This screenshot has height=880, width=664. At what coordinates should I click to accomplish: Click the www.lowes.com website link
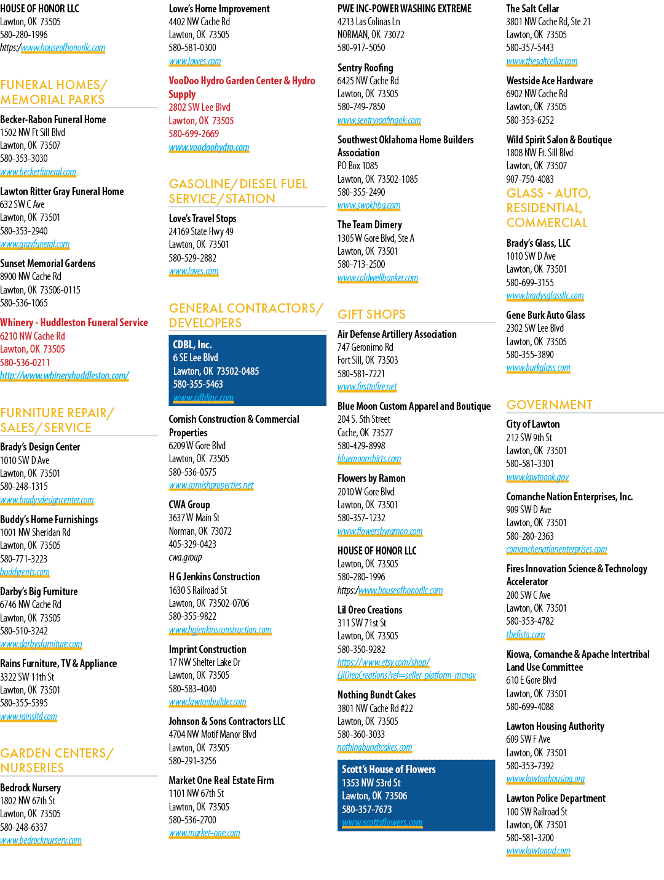(x=195, y=61)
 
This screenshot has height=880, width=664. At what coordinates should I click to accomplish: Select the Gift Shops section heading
(x=371, y=314)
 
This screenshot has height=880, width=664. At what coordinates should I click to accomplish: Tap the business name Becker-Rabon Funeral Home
(x=53, y=119)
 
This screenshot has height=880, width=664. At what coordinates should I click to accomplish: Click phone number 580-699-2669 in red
(x=194, y=134)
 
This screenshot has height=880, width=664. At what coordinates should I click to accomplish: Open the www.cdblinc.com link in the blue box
(x=203, y=398)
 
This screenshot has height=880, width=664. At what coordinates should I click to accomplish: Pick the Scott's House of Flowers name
(x=389, y=769)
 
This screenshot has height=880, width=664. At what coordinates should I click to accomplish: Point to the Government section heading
(x=549, y=405)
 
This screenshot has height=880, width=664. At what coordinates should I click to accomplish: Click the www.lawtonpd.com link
(x=538, y=850)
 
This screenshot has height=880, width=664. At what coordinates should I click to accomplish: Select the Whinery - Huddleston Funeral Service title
(x=74, y=322)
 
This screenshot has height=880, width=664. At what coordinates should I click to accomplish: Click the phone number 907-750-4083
(x=530, y=179)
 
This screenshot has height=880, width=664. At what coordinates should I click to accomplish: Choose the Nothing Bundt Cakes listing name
(x=376, y=695)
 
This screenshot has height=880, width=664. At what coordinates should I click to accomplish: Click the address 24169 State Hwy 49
(x=200, y=232)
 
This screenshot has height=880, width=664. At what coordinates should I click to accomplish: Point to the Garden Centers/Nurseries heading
(x=57, y=761)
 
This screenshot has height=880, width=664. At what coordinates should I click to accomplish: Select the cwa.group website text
(x=185, y=557)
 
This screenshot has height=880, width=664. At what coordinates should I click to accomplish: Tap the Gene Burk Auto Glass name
(x=545, y=315)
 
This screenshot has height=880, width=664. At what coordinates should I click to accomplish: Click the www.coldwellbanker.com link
(x=377, y=278)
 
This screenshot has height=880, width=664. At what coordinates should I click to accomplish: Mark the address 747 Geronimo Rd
(x=365, y=347)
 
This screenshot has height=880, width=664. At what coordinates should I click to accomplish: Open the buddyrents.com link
(x=25, y=572)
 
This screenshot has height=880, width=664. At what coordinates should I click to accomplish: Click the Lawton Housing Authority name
(x=555, y=726)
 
